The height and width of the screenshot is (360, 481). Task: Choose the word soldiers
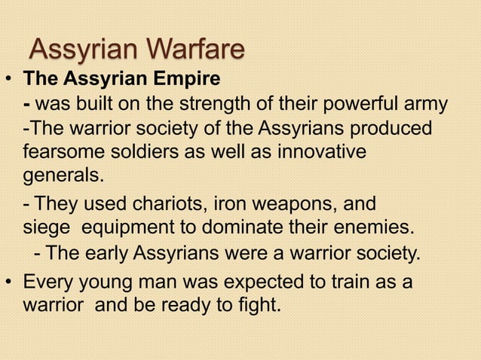(146, 152)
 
